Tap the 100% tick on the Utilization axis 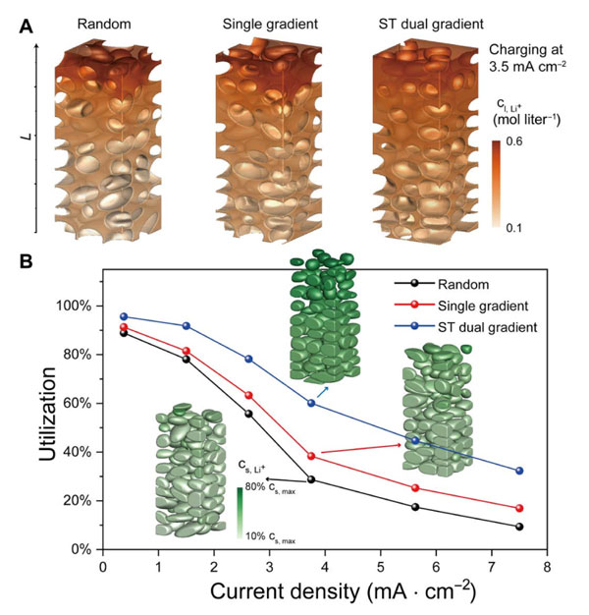(75, 306)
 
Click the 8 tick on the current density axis (545, 567)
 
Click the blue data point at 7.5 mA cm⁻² (518, 472)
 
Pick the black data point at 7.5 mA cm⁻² (518, 527)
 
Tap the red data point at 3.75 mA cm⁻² (311, 457)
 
